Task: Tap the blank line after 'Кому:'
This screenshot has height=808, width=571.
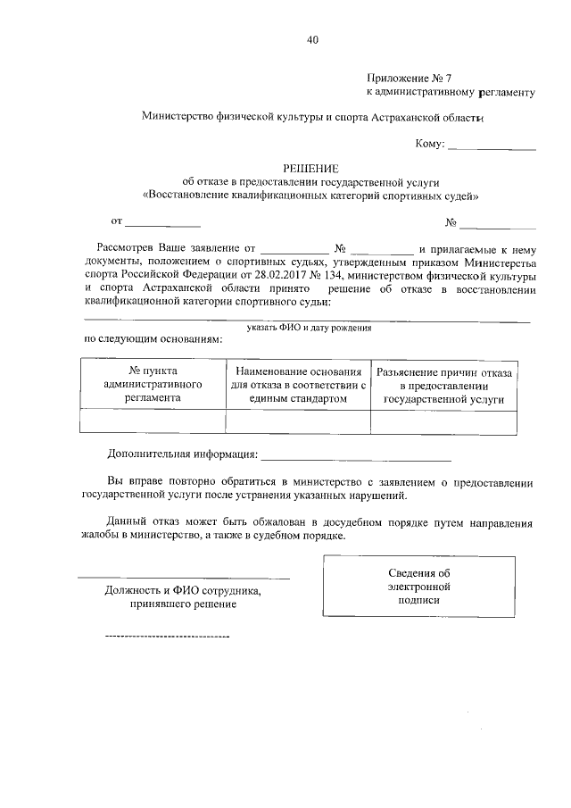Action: point(491,147)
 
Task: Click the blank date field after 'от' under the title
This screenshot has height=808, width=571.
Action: point(161,222)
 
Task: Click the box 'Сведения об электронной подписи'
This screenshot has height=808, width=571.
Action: point(418,587)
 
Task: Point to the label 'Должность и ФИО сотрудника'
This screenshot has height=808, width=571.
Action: point(183,591)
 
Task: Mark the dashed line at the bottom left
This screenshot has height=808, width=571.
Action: point(167,636)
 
